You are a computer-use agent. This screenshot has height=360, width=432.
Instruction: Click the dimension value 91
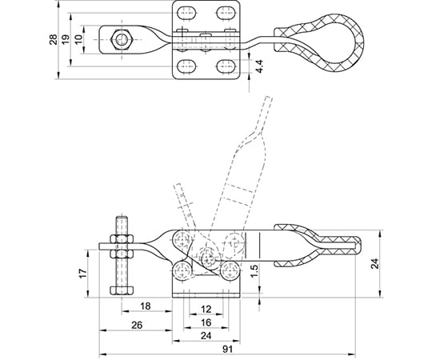(227, 350)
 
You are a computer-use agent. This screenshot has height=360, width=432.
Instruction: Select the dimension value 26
(137, 326)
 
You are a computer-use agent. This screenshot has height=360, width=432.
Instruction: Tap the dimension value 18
(146, 306)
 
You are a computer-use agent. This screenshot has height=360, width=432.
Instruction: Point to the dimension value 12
(206, 310)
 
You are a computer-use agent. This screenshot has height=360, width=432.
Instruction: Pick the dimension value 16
(206, 322)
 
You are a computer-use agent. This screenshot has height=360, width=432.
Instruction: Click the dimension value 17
(83, 273)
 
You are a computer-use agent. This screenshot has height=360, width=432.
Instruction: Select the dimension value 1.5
(255, 270)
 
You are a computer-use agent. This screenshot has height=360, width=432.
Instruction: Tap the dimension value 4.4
(259, 66)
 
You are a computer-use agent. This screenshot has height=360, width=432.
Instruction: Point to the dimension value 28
(53, 39)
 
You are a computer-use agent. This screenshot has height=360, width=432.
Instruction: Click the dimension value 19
(66, 39)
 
